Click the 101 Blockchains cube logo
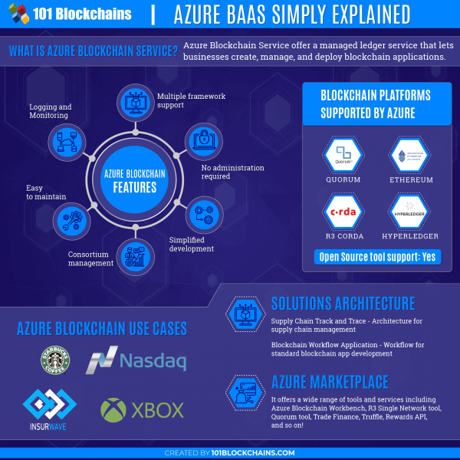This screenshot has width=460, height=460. point(19,13)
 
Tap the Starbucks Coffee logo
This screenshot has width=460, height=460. point(56,360)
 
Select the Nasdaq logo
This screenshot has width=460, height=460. point(136,360)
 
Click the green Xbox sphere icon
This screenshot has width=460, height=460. point(113,409)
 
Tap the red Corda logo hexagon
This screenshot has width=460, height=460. point(343,212)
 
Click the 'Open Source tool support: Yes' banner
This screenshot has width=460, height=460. point(376,256)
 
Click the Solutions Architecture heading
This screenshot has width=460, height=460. point(343,303)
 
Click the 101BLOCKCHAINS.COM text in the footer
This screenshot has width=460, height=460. point(254,453)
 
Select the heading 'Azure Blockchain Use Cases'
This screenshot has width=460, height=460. point(102,329)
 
